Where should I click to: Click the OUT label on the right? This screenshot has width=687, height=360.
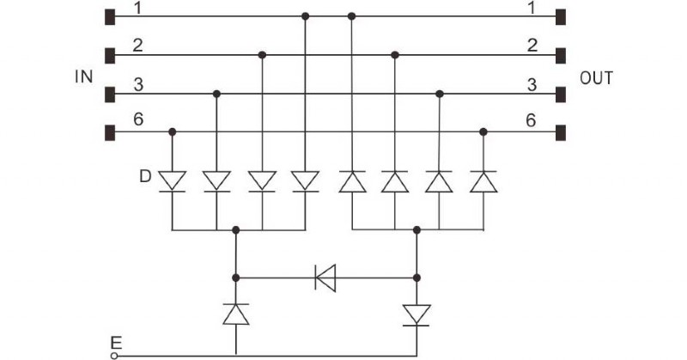click(x=597, y=78)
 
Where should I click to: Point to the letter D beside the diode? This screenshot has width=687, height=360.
click(x=147, y=177)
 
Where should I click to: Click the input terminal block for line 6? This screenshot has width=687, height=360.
click(x=109, y=132)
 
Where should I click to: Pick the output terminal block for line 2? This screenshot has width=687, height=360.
click(x=561, y=55)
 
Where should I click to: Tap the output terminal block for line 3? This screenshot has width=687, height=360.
click(x=561, y=94)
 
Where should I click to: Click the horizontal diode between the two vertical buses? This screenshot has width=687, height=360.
click(x=325, y=278)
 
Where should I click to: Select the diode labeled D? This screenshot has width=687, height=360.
click(x=173, y=181)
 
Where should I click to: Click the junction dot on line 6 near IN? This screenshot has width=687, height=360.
click(x=173, y=132)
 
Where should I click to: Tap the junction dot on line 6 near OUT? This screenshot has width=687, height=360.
click(x=483, y=132)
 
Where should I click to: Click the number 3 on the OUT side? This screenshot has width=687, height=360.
click(x=532, y=84)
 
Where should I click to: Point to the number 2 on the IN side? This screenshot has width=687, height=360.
click(x=137, y=45)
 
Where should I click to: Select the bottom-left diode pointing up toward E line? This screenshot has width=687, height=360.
click(x=236, y=314)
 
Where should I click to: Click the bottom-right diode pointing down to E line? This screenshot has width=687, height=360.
click(x=416, y=314)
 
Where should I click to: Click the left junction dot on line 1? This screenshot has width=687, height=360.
click(x=306, y=15)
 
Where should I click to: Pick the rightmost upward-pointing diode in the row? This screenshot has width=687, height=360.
click(x=483, y=181)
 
